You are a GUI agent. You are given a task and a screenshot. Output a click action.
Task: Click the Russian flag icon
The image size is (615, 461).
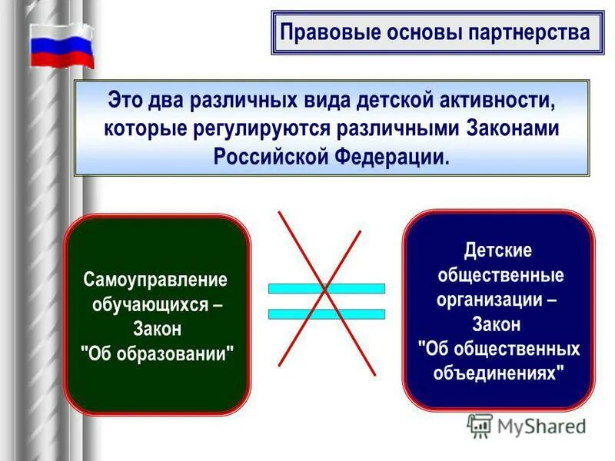[61, 46]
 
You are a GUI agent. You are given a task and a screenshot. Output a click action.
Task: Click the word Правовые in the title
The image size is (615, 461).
[319, 33]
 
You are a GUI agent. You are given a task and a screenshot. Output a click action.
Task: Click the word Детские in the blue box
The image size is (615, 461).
[497, 250]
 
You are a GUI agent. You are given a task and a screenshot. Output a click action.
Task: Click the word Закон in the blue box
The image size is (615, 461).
[497, 324]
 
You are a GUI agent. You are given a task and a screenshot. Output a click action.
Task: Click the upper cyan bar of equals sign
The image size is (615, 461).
[326, 289]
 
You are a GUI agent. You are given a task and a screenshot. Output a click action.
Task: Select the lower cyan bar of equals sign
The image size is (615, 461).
[326, 314]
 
